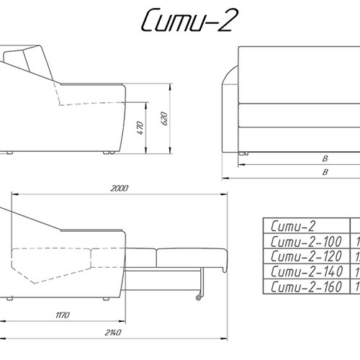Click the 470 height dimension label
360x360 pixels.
(140, 128)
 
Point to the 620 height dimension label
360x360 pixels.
(164, 118)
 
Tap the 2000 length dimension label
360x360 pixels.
(120, 189)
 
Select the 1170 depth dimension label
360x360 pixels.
(63, 315)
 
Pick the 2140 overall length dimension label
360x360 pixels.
(113, 333)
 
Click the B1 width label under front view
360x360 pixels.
(325, 158)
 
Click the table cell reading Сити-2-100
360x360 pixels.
(306, 241)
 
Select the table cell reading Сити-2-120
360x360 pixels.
(306, 256)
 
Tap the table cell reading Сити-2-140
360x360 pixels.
(306, 271)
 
